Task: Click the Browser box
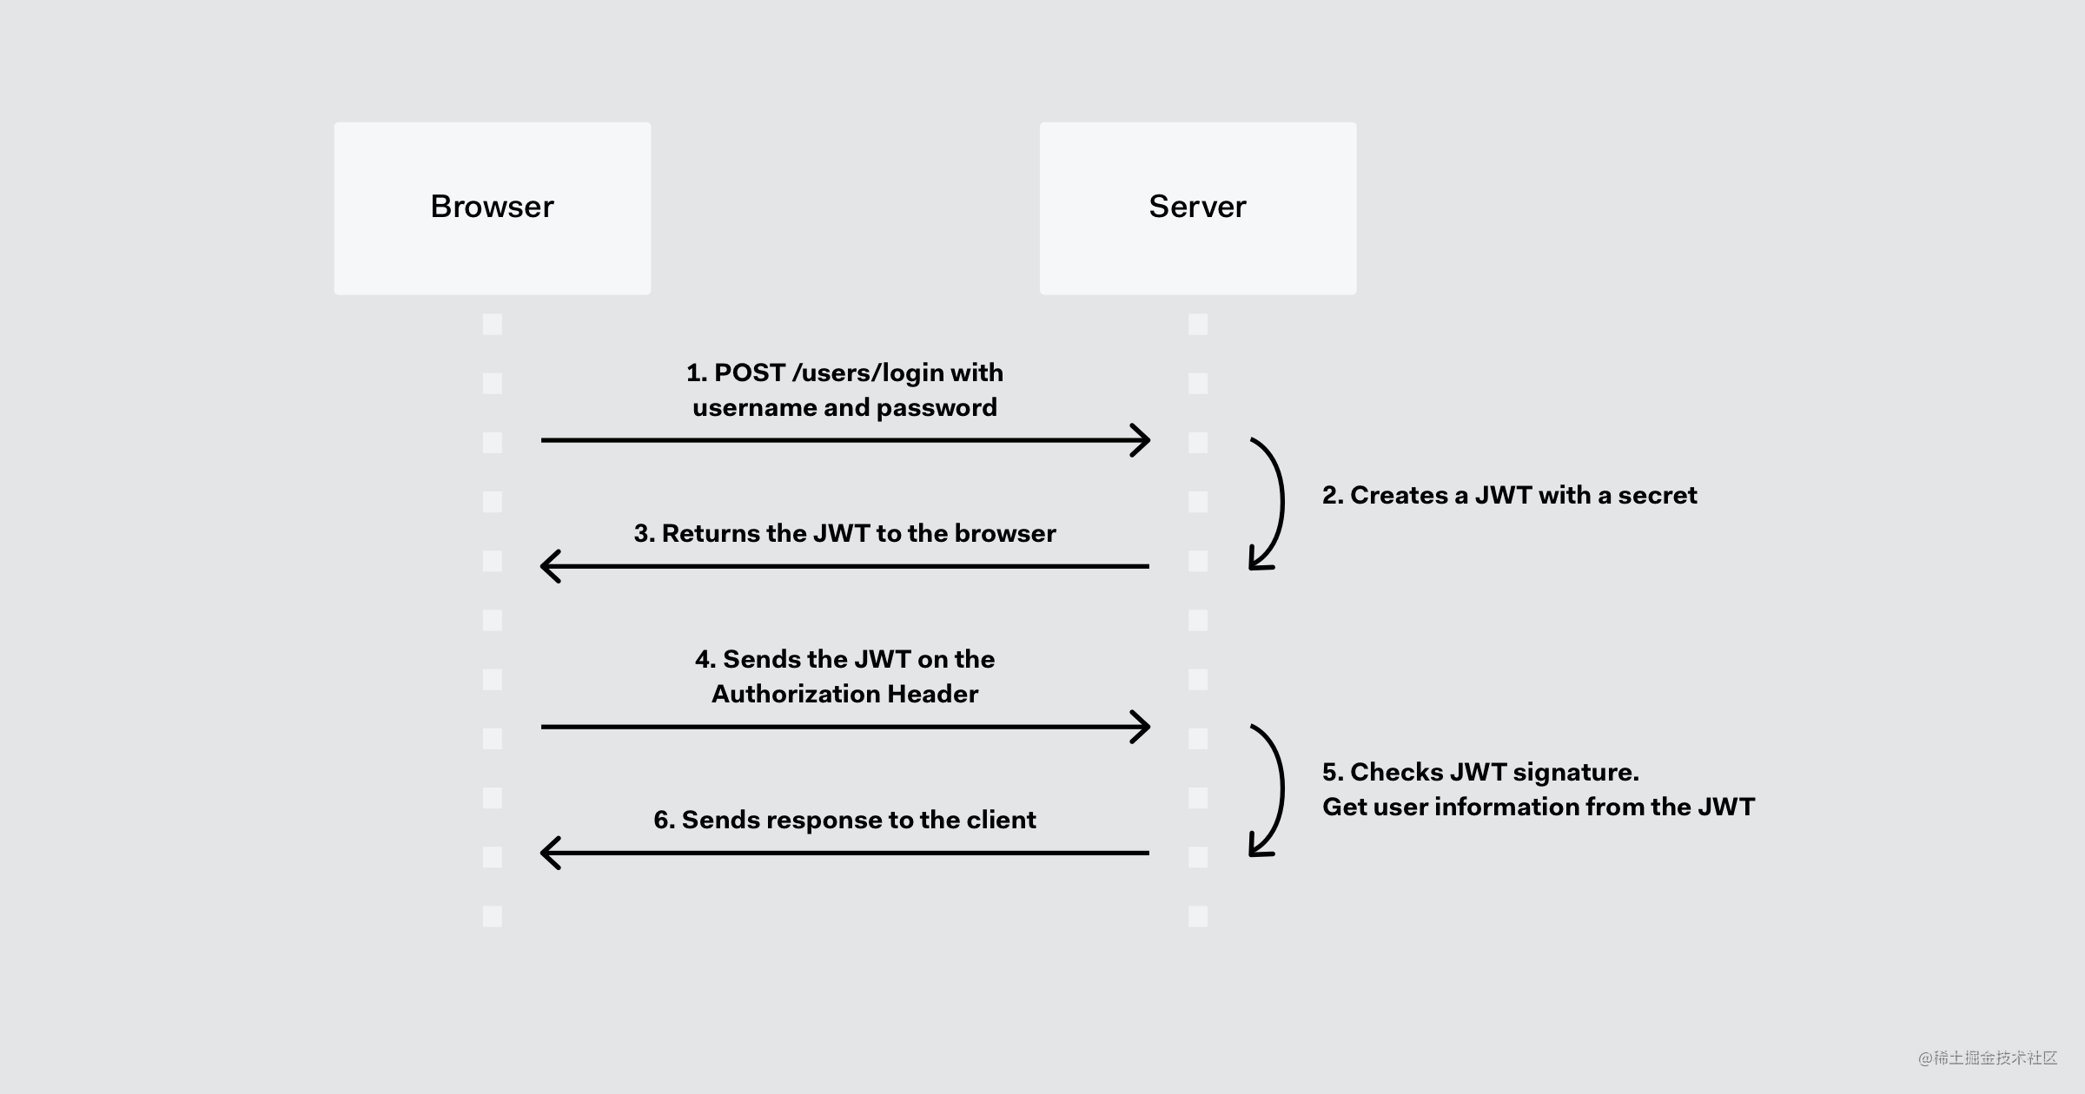pyautogui.click(x=493, y=208)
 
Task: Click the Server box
pyautogui.click(x=1198, y=208)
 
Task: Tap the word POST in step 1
pyautogui.click(x=750, y=372)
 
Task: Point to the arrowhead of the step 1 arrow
pyautogui.click(x=1148, y=440)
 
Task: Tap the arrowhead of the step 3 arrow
pyautogui.click(x=544, y=566)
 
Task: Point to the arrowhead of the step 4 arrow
pyautogui.click(x=1148, y=727)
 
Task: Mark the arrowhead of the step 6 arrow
pyautogui.click(x=544, y=853)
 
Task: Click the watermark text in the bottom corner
pyautogui.click(x=1989, y=1058)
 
